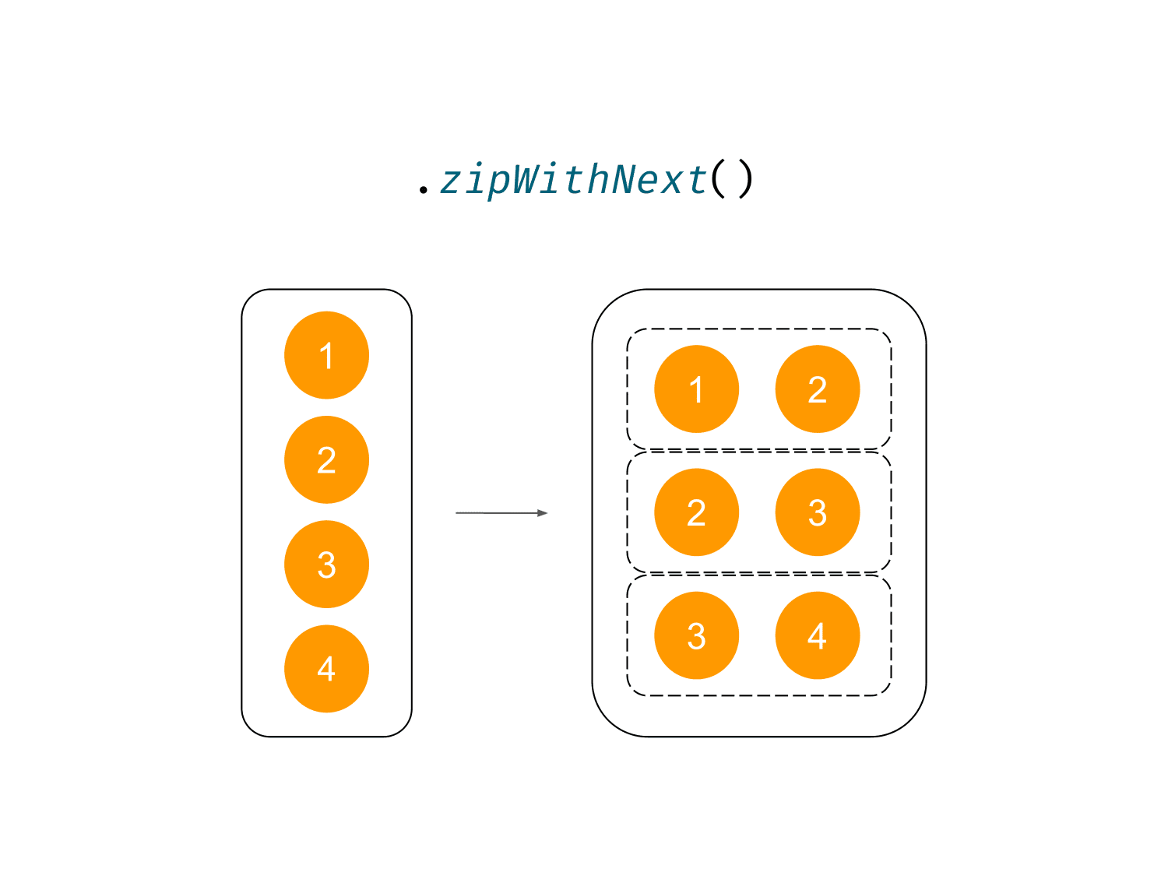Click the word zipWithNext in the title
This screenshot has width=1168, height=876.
point(574,181)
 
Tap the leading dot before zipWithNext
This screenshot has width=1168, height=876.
point(423,189)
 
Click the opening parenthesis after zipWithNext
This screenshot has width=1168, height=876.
point(719,179)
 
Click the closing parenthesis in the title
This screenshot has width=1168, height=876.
point(746,179)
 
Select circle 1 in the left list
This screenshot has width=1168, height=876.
point(327,355)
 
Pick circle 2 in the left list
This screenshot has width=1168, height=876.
point(327,460)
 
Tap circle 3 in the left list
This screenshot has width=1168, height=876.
point(327,565)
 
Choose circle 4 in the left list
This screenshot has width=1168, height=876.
point(327,669)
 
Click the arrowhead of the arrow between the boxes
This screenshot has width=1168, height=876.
point(542,513)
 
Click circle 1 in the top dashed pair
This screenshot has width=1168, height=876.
point(697,389)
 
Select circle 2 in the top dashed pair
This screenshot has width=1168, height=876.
point(818,389)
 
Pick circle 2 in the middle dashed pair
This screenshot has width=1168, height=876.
point(697,512)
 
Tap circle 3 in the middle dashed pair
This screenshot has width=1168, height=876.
point(818,512)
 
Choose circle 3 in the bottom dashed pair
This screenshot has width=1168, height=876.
point(697,635)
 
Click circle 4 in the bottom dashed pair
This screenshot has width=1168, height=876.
point(818,635)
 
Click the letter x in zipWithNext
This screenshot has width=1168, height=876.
point(672,182)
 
